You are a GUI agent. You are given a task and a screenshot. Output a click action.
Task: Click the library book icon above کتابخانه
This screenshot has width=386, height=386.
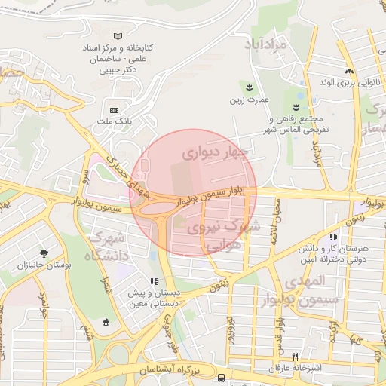click(x=117, y=36)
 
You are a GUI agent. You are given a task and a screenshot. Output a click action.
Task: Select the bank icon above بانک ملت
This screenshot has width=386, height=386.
click(x=115, y=110)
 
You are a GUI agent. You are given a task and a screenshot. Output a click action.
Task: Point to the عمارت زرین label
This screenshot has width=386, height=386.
click(x=250, y=99)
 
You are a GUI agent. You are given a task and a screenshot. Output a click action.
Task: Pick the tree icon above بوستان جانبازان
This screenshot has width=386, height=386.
click(x=44, y=253)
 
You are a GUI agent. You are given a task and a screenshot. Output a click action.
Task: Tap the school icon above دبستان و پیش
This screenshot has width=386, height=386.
click(x=154, y=283)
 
